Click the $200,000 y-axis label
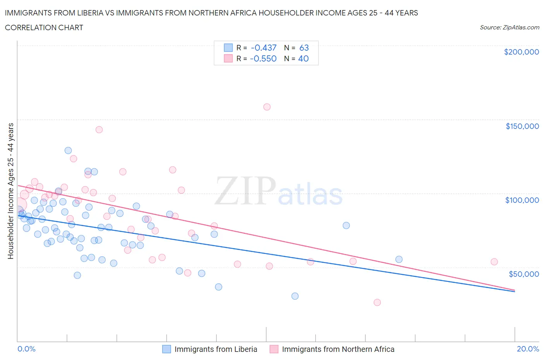pos(521,52)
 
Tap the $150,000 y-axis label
pos(522,126)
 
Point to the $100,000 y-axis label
pos(522,200)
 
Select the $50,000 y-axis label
pos(523,274)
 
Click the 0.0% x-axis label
pos(26,349)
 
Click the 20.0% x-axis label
pos(528,349)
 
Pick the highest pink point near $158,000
pos(267,107)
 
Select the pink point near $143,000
pos(99,130)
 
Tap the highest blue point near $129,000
pos(68,151)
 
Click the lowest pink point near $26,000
pos(377,302)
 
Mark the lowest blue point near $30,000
pos(295,296)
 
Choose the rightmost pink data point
pos(494,262)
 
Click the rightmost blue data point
pos(399,259)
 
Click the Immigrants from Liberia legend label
pos(216,349)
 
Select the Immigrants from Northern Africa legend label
pos(338,349)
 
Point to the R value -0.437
pos(263,48)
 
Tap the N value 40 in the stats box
pos(303,58)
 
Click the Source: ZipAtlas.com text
pos(509,27)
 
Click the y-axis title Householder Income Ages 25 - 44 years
pos(10,191)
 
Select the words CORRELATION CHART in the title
pos(44,27)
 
